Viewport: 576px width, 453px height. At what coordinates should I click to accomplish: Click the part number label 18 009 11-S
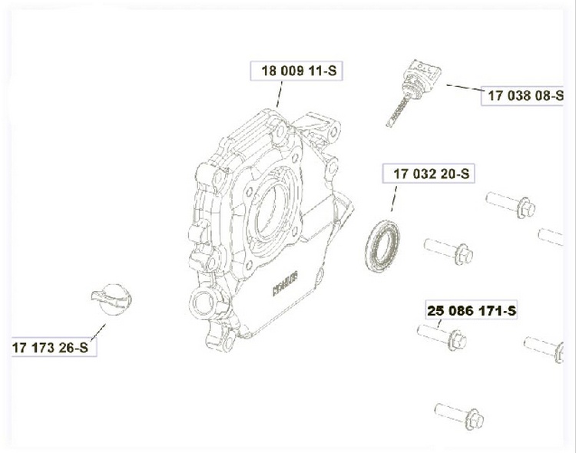[299, 71]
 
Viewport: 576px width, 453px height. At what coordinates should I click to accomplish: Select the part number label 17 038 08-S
[525, 95]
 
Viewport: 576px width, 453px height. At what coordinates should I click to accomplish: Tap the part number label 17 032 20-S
[432, 174]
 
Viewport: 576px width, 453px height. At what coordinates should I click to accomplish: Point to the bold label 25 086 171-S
[472, 311]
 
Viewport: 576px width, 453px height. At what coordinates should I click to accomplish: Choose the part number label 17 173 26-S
[51, 347]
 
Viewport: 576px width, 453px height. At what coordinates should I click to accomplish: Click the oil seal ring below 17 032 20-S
[382, 246]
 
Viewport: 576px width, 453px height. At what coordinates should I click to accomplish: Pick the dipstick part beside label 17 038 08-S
[414, 92]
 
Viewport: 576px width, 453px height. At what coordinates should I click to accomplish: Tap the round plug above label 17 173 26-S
[111, 299]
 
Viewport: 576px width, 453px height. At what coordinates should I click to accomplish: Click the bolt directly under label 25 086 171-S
[442, 336]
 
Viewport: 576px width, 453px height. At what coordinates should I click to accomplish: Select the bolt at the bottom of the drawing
[459, 416]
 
